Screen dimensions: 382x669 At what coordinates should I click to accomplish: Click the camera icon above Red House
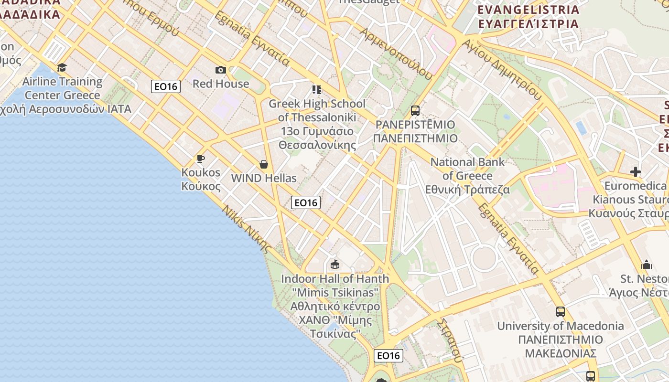220,70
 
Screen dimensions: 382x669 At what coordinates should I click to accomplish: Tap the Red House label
221,84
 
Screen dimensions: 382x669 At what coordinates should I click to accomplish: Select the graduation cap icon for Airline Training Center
62,68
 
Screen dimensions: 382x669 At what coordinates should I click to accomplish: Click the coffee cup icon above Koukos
201,159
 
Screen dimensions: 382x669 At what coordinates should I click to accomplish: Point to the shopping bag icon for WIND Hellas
263,165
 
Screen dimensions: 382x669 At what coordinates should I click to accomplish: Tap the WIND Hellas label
264,178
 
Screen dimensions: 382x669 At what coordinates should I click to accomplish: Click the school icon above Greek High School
316,90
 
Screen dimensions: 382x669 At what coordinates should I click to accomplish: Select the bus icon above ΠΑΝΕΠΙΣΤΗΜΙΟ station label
415,111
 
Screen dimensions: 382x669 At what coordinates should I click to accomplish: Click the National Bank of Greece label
467,176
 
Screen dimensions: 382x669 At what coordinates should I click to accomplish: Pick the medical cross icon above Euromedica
635,172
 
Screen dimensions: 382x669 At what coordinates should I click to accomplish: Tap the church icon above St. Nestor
647,265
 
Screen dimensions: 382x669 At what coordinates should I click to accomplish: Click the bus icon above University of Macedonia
560,312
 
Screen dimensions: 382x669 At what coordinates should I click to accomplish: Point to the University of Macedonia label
561,340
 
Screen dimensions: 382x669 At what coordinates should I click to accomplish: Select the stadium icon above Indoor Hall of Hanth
335,264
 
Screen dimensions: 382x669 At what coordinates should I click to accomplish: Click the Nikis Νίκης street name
247,229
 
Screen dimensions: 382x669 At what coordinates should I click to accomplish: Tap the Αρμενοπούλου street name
396,53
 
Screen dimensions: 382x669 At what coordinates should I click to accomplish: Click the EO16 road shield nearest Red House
166,86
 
